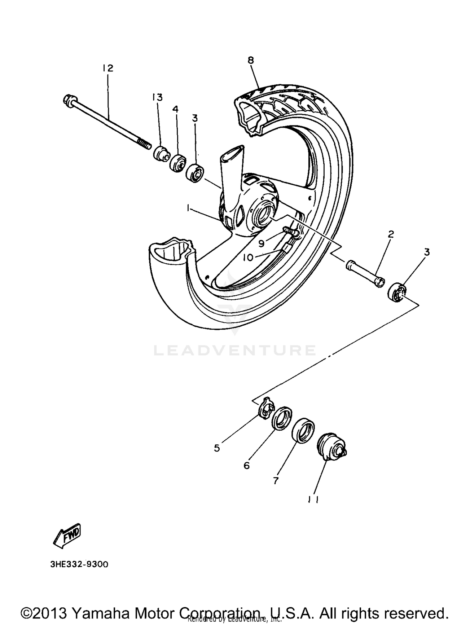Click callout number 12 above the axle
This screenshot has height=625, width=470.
[108, 68]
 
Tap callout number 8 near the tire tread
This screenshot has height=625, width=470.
[251, 60]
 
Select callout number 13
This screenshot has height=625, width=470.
[158, 97]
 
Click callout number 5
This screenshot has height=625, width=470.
[217, 448]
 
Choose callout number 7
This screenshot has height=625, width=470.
[247, 465]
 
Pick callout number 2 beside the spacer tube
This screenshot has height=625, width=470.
[276, 481]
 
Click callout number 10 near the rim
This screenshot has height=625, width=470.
[248, 257]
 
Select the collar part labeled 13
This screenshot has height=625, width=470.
[161, 153]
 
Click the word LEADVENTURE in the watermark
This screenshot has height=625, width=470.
[235, 350]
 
